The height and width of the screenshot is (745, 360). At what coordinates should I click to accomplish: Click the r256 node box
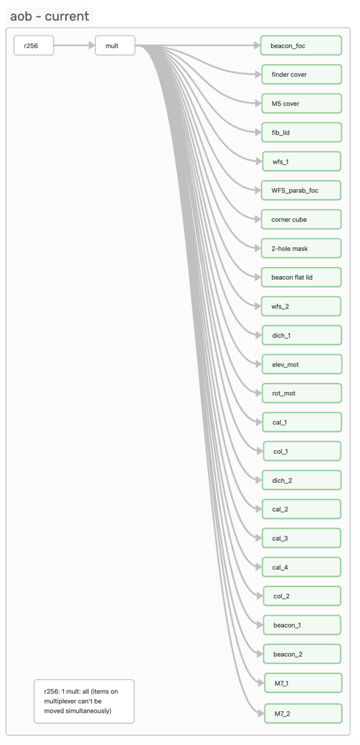[x=34, y=46]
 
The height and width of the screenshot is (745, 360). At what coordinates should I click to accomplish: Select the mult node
[x=115, y=46]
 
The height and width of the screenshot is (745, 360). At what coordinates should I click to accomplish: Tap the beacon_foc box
[x=301, y=46]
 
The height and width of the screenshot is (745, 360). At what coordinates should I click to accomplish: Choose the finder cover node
[x=301, y=74]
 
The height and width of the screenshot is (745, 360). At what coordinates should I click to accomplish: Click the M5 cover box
[x=301, y=104]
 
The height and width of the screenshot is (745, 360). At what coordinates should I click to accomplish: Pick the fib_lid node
[x=301, y=132]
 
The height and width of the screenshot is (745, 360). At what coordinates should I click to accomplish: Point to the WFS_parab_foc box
[x=301, y=190]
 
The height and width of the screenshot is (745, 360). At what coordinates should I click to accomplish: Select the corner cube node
[x=301, y=220]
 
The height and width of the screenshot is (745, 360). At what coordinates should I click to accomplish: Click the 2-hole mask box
[x=301, y=248]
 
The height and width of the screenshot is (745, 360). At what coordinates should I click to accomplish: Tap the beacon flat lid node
[x=301, y=277]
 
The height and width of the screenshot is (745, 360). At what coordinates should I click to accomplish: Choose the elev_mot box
[x=301, y=364]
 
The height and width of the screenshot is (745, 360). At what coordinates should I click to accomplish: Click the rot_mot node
[x=301, y=393]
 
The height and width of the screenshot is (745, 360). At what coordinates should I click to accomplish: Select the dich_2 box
[x=301, y=480]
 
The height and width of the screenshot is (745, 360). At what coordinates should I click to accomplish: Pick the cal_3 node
[x=301, y=538]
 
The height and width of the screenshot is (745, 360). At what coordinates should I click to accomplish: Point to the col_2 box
[x=301, y=596]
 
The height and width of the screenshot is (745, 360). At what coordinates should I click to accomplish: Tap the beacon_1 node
[x=301, y=625]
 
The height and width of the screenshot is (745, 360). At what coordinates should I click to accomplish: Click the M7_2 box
[x=303, y=714]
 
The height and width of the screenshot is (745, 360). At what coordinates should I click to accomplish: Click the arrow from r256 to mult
[x=74, y=46]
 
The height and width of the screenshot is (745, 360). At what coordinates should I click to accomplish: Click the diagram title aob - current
[x=50, y=16]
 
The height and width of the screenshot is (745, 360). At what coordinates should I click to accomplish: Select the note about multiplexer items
[x=84, y=701]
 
